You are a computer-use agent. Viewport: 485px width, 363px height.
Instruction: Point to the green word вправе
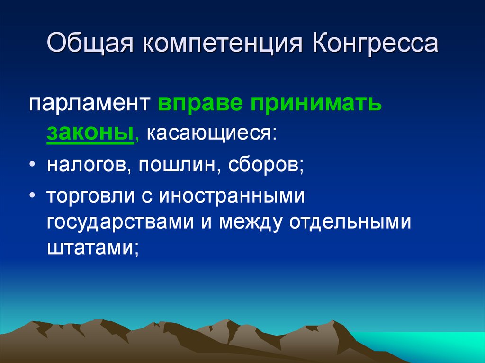[x=198, y=104]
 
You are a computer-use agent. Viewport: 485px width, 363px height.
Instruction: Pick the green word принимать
[x=313, y=104]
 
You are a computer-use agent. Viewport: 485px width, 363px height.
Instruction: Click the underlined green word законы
[x=89, y=134]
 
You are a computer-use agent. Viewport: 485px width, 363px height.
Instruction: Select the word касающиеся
[x=210, y=134]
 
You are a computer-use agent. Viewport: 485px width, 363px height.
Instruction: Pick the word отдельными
[x=350, y=222]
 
